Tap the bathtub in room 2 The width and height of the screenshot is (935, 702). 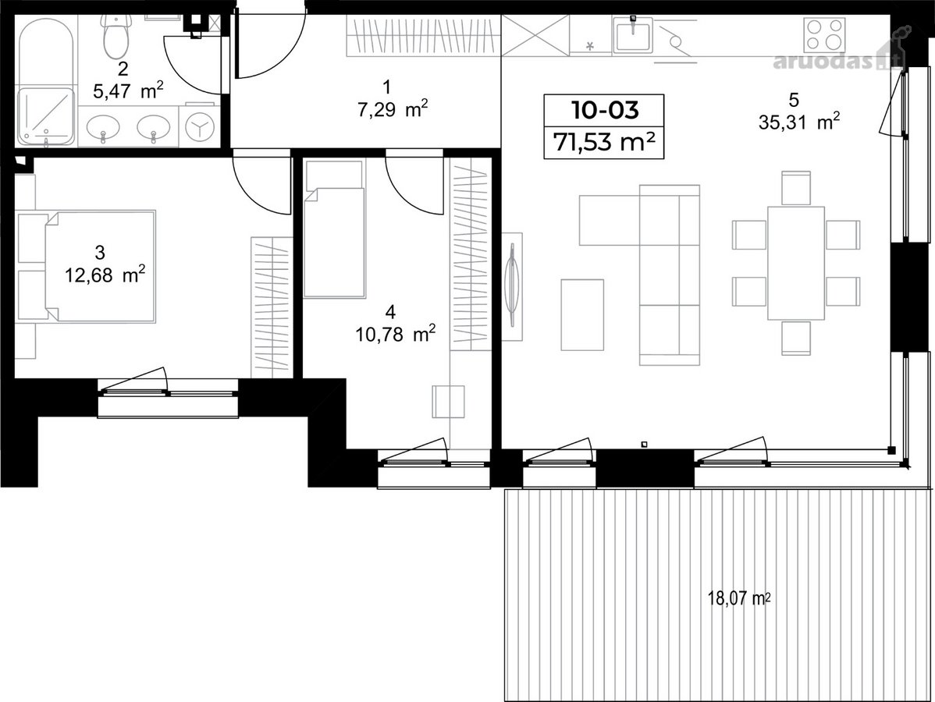coord(46,55)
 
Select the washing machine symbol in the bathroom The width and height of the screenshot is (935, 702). coord(199,126)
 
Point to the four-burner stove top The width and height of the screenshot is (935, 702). coord(825,34)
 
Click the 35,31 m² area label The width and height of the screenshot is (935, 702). coord(799,122)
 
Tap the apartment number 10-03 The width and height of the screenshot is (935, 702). coord(605,110)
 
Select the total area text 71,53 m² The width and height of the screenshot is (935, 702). coord(605,143)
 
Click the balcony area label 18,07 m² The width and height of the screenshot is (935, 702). coord(739,597)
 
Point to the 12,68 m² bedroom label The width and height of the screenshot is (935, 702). coord(105,275)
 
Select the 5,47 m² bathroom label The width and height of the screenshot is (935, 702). coord(128,91)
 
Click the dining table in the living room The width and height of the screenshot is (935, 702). coord(796,263)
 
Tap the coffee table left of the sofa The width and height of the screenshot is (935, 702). coord(582,314)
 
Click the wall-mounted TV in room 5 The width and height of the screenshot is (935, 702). coord(512,285)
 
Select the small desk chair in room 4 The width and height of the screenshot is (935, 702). coord(449,401)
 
